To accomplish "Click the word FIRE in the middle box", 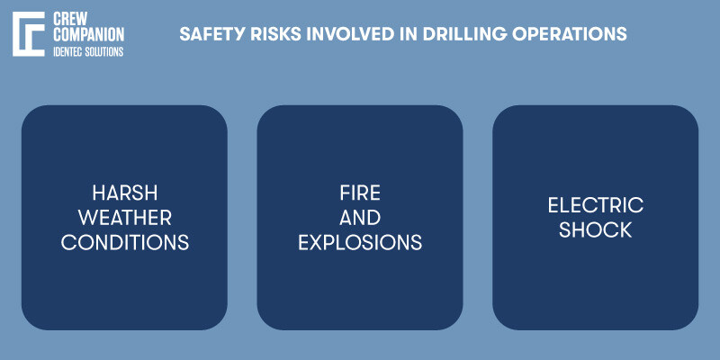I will pyautogui.click(x=360, y=193).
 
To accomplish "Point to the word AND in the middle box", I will pyautogui.click(x=360, y=217).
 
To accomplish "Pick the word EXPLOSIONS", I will pyautogui.click(x=360, y=242).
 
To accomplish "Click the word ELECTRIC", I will pyautogui.click(x=595, y=205).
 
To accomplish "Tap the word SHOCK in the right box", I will pyautogui.click(x=595, y=229).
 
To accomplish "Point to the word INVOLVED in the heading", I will pyautogui.click(x=352, y=35).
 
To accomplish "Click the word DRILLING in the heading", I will pyautogui.click(x=472, y=35).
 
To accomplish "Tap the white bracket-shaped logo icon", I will pyautogui.click(x=31, y=35).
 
